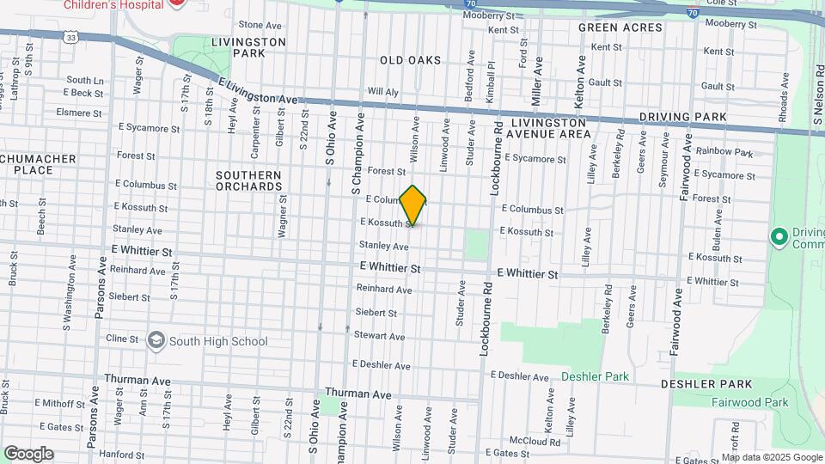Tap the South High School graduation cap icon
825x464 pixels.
[156, 341]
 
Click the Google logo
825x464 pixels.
[28, 454]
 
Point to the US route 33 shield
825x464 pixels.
[71, 37]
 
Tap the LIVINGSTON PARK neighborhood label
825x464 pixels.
[248, 47]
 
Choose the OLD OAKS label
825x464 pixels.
[410, 60]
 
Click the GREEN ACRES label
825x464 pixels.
[620, 27]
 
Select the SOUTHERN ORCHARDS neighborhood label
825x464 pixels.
[248, 180]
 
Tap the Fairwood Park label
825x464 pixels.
[749, 402]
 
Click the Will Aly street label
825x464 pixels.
[383, 91]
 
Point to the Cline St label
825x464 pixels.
[121, 339]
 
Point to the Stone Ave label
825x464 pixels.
[260, 25]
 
